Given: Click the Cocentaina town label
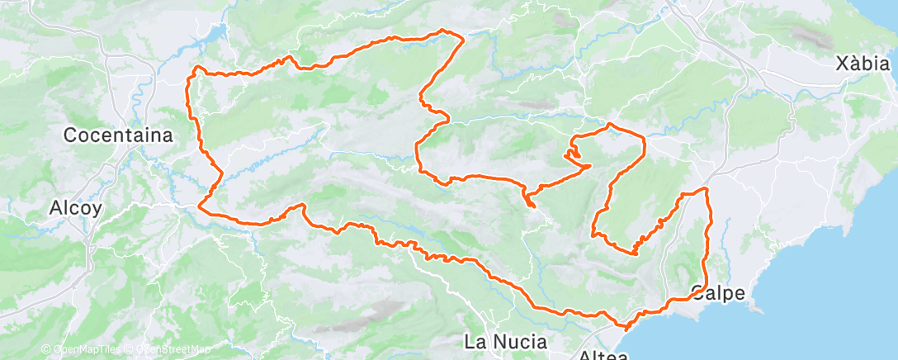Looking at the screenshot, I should tap(118, 135).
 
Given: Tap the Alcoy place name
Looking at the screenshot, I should tap(75, 208).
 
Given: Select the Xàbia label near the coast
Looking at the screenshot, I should tap(863, 64).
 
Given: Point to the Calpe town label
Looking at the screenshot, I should tap(717, 292).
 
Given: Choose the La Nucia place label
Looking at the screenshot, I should tap(506, 340).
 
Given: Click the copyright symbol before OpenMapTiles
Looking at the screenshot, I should tap(45, 349).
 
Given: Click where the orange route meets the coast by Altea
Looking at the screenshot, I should tap(627, 326).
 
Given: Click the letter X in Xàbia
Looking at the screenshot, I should tap(841, 64).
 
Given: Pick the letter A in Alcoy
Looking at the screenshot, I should tap(55, 208).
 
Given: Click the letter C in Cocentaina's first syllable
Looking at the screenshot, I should tap(71, 135).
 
